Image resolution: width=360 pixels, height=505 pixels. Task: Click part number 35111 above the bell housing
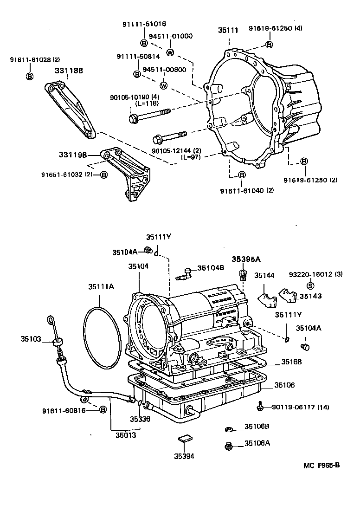(228, 31)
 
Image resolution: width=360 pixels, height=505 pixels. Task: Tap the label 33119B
(73, 155)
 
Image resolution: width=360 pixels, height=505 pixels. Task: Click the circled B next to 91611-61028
(29, 76)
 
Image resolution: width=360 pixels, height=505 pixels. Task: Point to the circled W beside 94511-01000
(170, 52)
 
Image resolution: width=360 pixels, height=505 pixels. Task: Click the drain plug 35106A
(228, 446)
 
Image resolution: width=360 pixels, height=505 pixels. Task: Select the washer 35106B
(228, 428)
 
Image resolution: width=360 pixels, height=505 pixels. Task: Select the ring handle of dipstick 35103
(50, 320)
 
